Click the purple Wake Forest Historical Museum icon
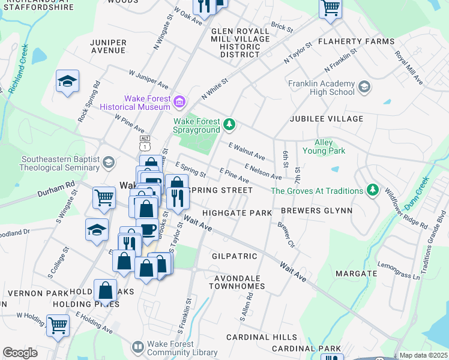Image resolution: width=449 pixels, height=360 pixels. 179,103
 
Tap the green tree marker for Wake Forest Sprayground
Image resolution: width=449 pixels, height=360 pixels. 229,124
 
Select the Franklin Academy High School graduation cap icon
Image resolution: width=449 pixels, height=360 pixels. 364,88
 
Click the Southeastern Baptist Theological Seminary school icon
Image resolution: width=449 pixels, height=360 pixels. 108,163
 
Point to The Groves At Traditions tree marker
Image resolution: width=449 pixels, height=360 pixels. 373,190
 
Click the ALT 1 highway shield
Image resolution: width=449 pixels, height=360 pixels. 145,142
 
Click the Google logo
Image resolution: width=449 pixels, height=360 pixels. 20,353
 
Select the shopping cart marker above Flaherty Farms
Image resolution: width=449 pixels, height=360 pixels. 330,8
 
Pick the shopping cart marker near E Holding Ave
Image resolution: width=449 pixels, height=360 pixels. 58,326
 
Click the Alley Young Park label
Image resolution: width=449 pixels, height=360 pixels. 331,147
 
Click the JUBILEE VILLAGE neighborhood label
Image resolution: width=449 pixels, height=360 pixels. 327,119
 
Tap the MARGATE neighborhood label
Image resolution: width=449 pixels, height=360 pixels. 356,273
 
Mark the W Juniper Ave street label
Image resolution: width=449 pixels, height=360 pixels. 149,80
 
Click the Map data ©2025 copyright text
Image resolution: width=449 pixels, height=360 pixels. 423,355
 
